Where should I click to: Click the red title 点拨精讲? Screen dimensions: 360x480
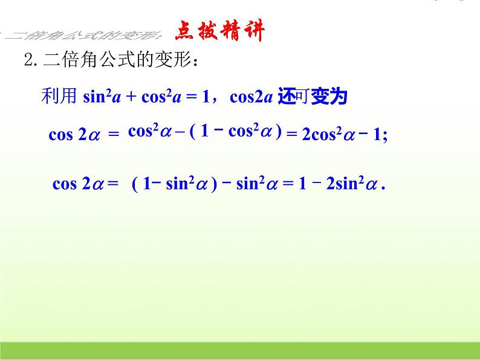222,31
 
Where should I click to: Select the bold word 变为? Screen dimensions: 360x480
329,97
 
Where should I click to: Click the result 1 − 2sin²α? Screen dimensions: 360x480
338,184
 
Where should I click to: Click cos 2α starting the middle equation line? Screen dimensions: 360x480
76,135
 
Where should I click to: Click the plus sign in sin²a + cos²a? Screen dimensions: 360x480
131,97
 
